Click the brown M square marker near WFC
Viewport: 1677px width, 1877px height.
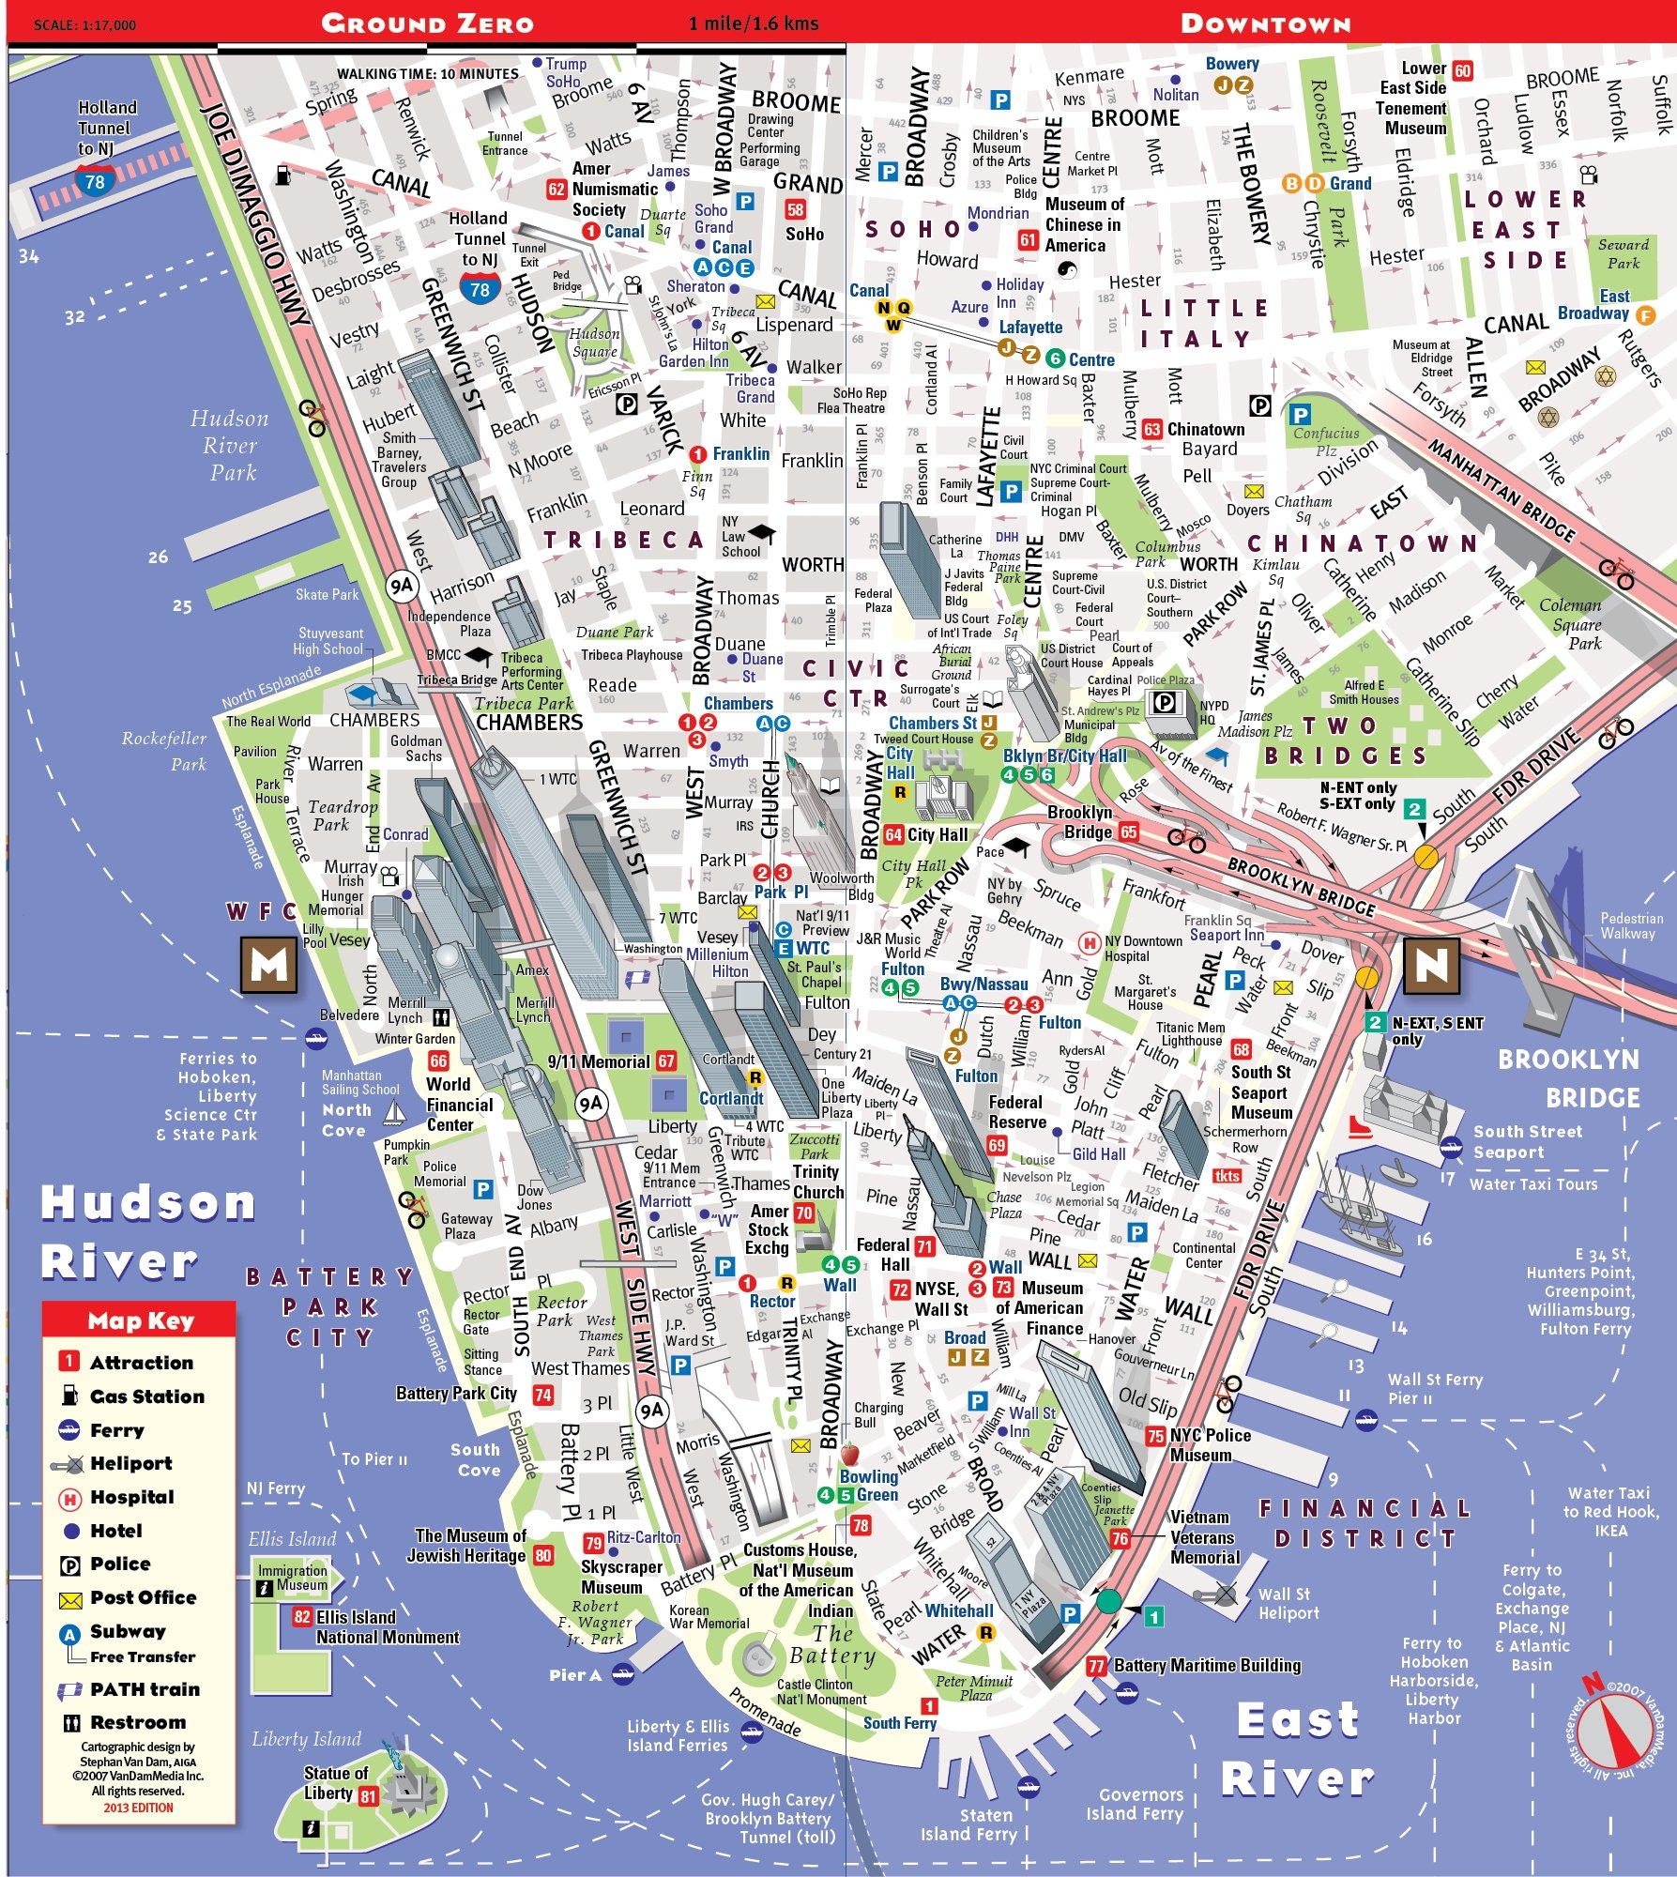[269, 965]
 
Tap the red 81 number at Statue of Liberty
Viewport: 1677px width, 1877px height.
[368, 1796]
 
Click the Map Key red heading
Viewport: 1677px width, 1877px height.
[140, 1320]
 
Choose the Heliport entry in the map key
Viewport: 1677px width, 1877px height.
[130, 1463]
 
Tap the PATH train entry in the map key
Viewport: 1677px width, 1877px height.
[144, 1689]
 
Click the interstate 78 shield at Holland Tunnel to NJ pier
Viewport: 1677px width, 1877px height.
[95, 181]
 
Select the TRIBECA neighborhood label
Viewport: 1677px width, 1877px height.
[623, 540]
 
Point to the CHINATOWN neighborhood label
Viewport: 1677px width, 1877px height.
[1363, 543]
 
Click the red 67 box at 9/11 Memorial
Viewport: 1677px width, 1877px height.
[666, 1061]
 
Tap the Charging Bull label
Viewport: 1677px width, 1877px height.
[878, 1414]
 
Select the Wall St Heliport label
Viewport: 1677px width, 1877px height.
[1288, 1603]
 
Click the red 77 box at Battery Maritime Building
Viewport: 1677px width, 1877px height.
[1096, 1666]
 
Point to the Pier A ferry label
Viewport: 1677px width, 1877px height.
[575, 1674]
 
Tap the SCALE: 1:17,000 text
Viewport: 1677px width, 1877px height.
[84, 25]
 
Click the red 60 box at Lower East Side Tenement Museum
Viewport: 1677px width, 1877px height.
[1462, 70]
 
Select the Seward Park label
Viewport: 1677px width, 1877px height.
[1624, 253]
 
